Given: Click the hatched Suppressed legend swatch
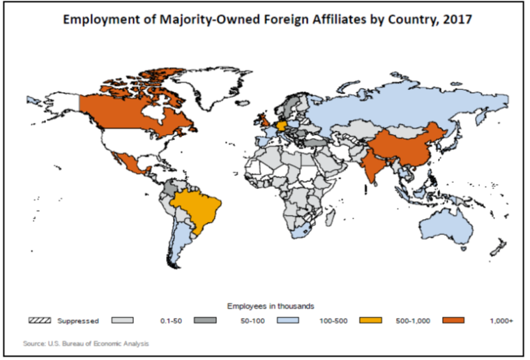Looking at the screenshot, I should tap(40, 321).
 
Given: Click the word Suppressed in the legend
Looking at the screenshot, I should tap(79, 321).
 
